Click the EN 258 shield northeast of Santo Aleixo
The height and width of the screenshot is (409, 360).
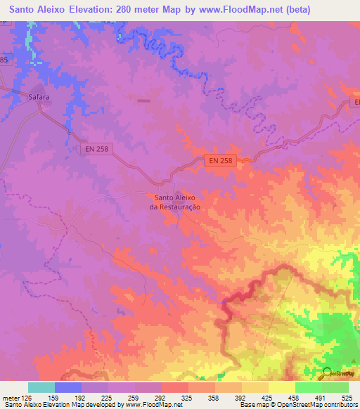(221, 161)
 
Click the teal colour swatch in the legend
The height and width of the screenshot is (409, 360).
(41, 387)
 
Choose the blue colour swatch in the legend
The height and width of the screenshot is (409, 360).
(68, 387)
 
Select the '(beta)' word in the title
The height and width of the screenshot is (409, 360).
(297, 9)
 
